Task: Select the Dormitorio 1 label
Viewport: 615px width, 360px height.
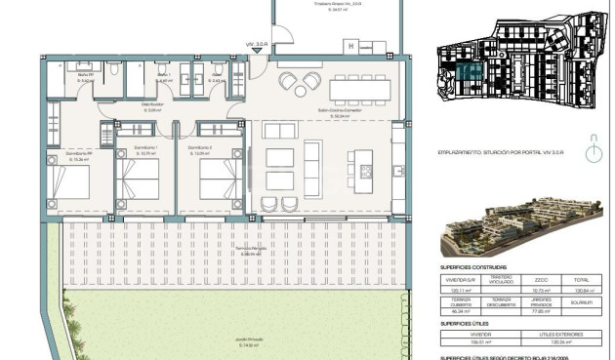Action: point(145,148)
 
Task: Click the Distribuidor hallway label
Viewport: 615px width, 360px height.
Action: point(152,106)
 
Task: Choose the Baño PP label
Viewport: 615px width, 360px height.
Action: point(86,78)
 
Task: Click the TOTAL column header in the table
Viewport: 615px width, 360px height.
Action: point(582,278)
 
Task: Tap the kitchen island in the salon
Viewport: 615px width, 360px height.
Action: point(363,160)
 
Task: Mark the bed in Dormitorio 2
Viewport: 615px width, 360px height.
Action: point(220,182)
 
